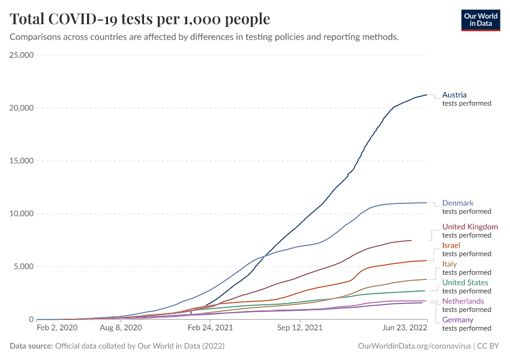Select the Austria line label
pyautogui.click(x=454, y=95)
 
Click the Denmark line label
pyautogui.click(x=458, y=203)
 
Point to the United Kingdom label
pyautogui.click(x=470, y=227)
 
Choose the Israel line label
pyautogui.click(x=451, y=245)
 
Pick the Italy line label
pyautogui.click(x=449, y=264)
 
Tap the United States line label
pyautogui.click(x=465, y=283)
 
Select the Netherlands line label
pyautogui.click(x=463, y=301)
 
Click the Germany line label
pyautogui.click(x=458, y=320)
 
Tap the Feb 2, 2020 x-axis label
pyautogui.click(x=57, y=328)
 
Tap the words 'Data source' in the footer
pyautogui.click(x=31, y=347)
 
